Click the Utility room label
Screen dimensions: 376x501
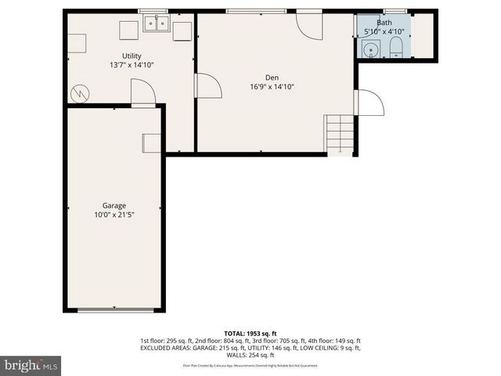131,56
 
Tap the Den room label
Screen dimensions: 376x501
272,77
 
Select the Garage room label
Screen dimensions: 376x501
114,205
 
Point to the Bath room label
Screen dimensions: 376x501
384,23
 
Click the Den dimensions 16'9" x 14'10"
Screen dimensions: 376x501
272,87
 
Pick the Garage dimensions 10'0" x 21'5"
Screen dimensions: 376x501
114,215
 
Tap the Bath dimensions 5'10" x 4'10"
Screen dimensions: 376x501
384,32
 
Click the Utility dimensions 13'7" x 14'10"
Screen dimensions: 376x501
131,66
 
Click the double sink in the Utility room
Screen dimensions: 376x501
157,24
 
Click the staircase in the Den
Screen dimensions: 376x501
340,133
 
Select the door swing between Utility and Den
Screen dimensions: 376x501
207,85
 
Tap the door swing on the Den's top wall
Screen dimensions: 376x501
309,27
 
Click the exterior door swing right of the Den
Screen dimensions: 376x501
369,103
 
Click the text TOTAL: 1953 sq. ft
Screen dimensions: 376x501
250,333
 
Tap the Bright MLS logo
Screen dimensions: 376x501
31,365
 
